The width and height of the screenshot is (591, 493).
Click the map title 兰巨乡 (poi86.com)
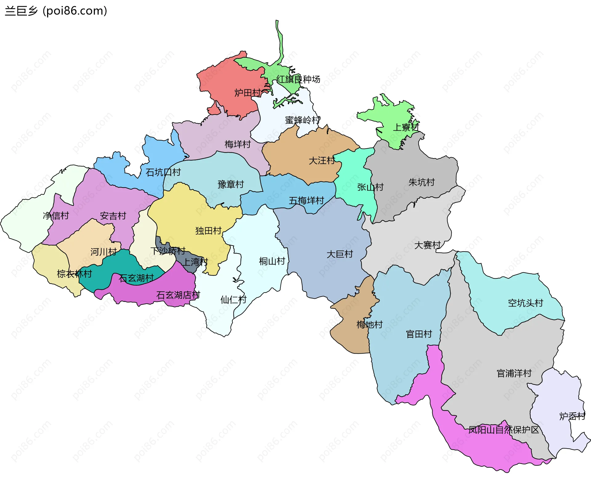tap(56, 11)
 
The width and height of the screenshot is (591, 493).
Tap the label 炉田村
tap(247, 92)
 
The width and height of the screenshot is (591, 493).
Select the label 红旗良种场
tap(298, 79)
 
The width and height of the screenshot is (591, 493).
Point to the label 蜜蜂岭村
tap(303, 120)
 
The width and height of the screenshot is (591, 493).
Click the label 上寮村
tap(406, 127)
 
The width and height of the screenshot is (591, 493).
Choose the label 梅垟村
tap(238, 144)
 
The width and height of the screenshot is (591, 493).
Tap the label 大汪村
tap(322, 160)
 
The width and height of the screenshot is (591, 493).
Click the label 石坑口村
tap(163, 172)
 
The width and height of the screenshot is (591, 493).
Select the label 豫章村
tap(231, 184)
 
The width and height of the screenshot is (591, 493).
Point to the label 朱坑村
tap(421, 182)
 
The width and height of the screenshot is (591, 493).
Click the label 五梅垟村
tap(306, 200)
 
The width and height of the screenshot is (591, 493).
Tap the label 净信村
tap(56, 216)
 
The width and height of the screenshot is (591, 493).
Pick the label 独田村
tap(208, 231)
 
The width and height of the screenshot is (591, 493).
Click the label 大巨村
tap(340, 254)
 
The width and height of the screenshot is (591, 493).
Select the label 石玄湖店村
tap(178, 295)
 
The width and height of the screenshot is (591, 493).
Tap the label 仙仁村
tap(233, 299)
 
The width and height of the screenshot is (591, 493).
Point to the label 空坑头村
tap(525, 303)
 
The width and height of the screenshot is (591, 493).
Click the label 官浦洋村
tap(514, 373)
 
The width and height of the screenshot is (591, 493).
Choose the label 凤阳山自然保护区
tap(504, 429)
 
